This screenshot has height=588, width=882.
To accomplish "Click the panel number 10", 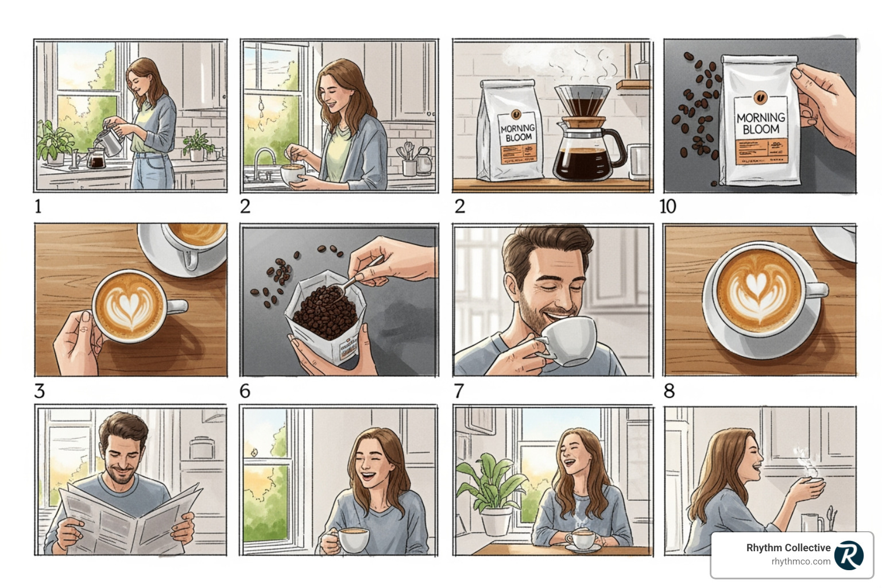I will coord(668,206).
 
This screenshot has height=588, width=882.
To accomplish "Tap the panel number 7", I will coord(459,391).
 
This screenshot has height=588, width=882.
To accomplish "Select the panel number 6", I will coord(245,391).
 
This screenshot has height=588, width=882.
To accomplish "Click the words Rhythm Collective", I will coord(788,548).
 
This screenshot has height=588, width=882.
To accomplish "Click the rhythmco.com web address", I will coord(800,562).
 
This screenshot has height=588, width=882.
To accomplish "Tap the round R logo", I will coord(849,555).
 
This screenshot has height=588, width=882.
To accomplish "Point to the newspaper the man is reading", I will coord(129,517).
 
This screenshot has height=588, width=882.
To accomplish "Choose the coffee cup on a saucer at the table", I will coord(582,540).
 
